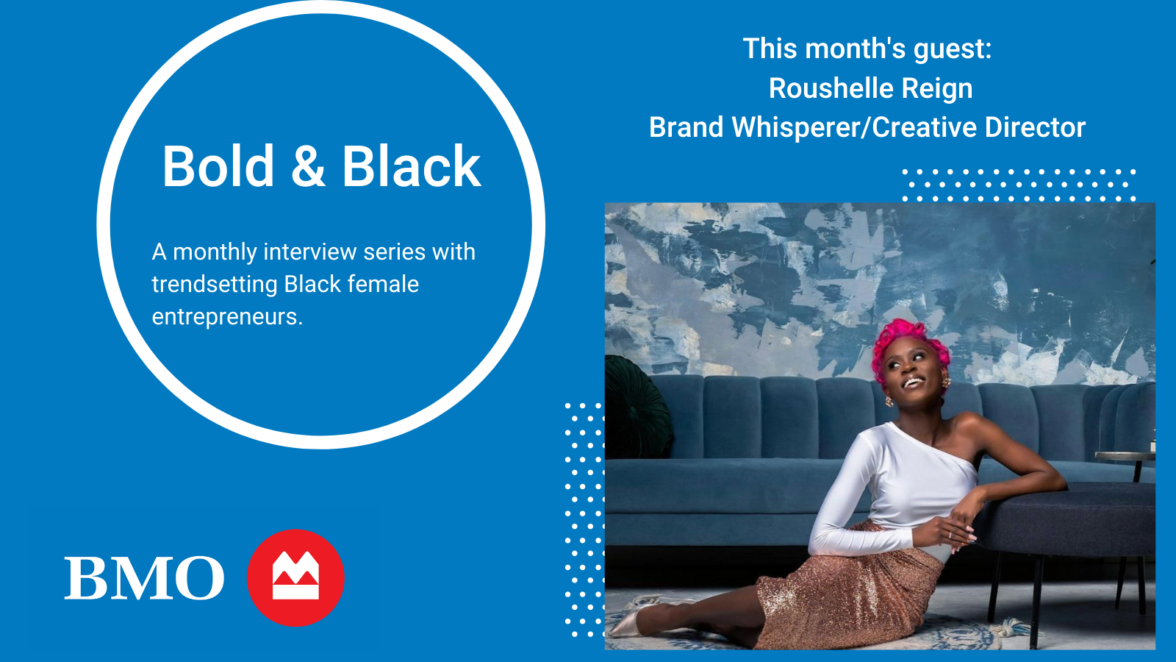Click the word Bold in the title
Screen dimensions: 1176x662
click(218, 166)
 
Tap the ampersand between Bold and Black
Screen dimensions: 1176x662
click(308, 166)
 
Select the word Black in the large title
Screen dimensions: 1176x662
click(411, 166)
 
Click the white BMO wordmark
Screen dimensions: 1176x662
click(144, 578)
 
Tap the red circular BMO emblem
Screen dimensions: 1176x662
click(295, 578)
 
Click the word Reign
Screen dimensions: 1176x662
click(936, 89)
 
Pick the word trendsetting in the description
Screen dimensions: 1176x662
click(215, 285)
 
